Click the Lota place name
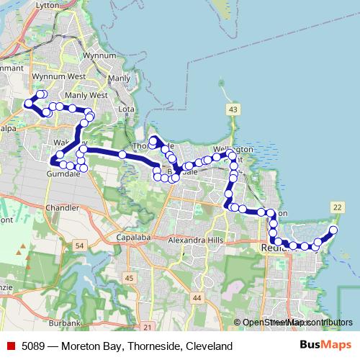pos(126,109)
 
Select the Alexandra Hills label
pos(195,240)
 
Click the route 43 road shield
pos(232,109)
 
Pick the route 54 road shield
pos(79,246)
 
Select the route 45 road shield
pos(129,278)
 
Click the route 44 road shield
pos(197,297)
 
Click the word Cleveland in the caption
pos(209,346)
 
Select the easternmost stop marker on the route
pos(333,230)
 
